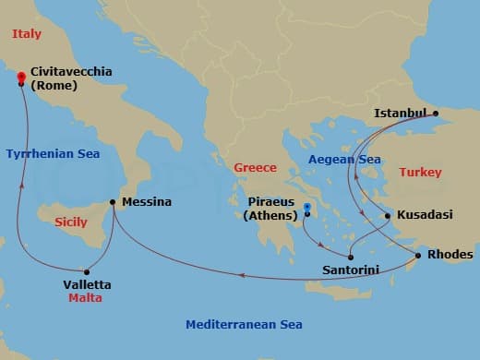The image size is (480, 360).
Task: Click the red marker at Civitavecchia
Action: [x=21, y=80]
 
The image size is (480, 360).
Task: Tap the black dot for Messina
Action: [x=113, y=202]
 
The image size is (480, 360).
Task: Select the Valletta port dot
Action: [x=87, y=271]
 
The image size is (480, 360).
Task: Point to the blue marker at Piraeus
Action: [x=307, y=207]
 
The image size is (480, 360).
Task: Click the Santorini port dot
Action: [x=350, y=258]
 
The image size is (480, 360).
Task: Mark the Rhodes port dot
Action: [x=418, y=255]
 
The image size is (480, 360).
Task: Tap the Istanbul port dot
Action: [x=437, y=115]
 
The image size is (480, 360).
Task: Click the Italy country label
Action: [x=28, y=34]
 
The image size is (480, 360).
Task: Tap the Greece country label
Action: [x=255, y=168]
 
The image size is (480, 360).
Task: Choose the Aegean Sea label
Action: [x=344, y=160]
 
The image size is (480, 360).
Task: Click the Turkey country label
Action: [x=420, y=173]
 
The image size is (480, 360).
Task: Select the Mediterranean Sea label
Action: [x=244, y=325]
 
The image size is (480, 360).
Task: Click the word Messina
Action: [x=147, y=202]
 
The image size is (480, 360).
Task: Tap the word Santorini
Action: [x=351, y=271]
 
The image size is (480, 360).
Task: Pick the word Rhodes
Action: [x=451, y=255]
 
